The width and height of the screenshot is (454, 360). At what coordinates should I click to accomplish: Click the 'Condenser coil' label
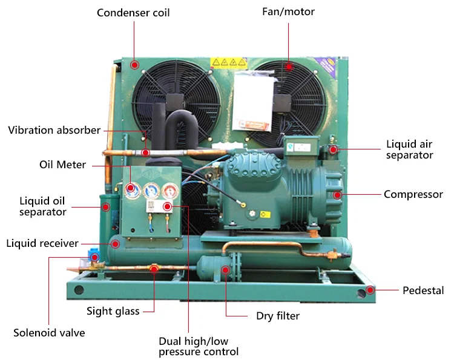coord(133,12)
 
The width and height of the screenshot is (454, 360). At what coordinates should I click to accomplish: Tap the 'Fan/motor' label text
coord(288,12)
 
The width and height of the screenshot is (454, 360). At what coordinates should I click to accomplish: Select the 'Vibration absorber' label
coord(54,130)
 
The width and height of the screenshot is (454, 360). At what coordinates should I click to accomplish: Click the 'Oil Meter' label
coord(62,165)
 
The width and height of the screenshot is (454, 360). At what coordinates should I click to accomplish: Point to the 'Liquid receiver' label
coord(42,243)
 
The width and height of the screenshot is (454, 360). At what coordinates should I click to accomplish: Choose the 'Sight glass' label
coord(113,311)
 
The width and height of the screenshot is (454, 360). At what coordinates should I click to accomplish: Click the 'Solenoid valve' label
coord(49,333)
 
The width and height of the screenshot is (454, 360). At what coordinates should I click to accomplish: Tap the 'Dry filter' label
coord(278,316)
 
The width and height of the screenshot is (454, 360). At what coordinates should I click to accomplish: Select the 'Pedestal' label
coord(423,290)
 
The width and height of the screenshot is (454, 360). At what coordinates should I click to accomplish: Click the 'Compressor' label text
coord(413,195)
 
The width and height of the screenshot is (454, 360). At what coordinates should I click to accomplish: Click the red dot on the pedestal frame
coord(370,290)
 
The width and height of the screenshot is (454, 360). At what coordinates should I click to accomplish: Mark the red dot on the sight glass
coord(154,268)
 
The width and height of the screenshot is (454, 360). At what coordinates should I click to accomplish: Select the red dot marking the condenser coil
coord(134,64)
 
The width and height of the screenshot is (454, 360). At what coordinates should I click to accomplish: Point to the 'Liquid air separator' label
coord(410,149)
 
